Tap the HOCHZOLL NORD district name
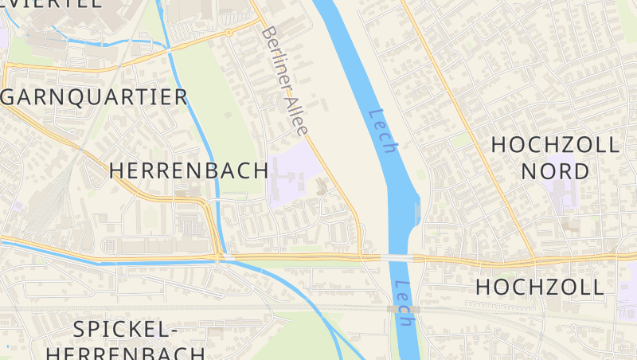(555, 158)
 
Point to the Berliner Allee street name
(284, 80)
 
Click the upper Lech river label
(382, 131)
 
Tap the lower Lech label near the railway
(404, 303)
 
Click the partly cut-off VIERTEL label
(51, 3)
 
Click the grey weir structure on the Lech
(419, 211)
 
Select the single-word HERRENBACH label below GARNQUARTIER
(188, 170)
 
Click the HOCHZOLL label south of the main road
(540, 288)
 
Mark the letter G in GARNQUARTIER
(12, 97)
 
